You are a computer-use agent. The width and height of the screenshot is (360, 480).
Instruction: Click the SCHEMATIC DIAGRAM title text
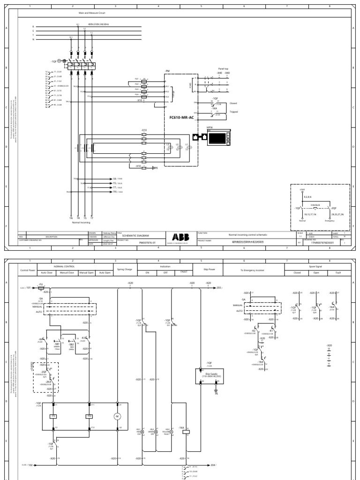coord(134,236)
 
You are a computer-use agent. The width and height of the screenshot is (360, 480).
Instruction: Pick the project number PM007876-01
coord(133,242)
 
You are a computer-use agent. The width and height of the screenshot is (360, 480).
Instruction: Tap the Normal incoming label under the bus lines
coord(81,222)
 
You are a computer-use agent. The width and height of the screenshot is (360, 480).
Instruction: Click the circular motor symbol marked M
coord(117,416)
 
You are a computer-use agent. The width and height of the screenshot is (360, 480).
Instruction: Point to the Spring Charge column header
coord(125,269)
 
